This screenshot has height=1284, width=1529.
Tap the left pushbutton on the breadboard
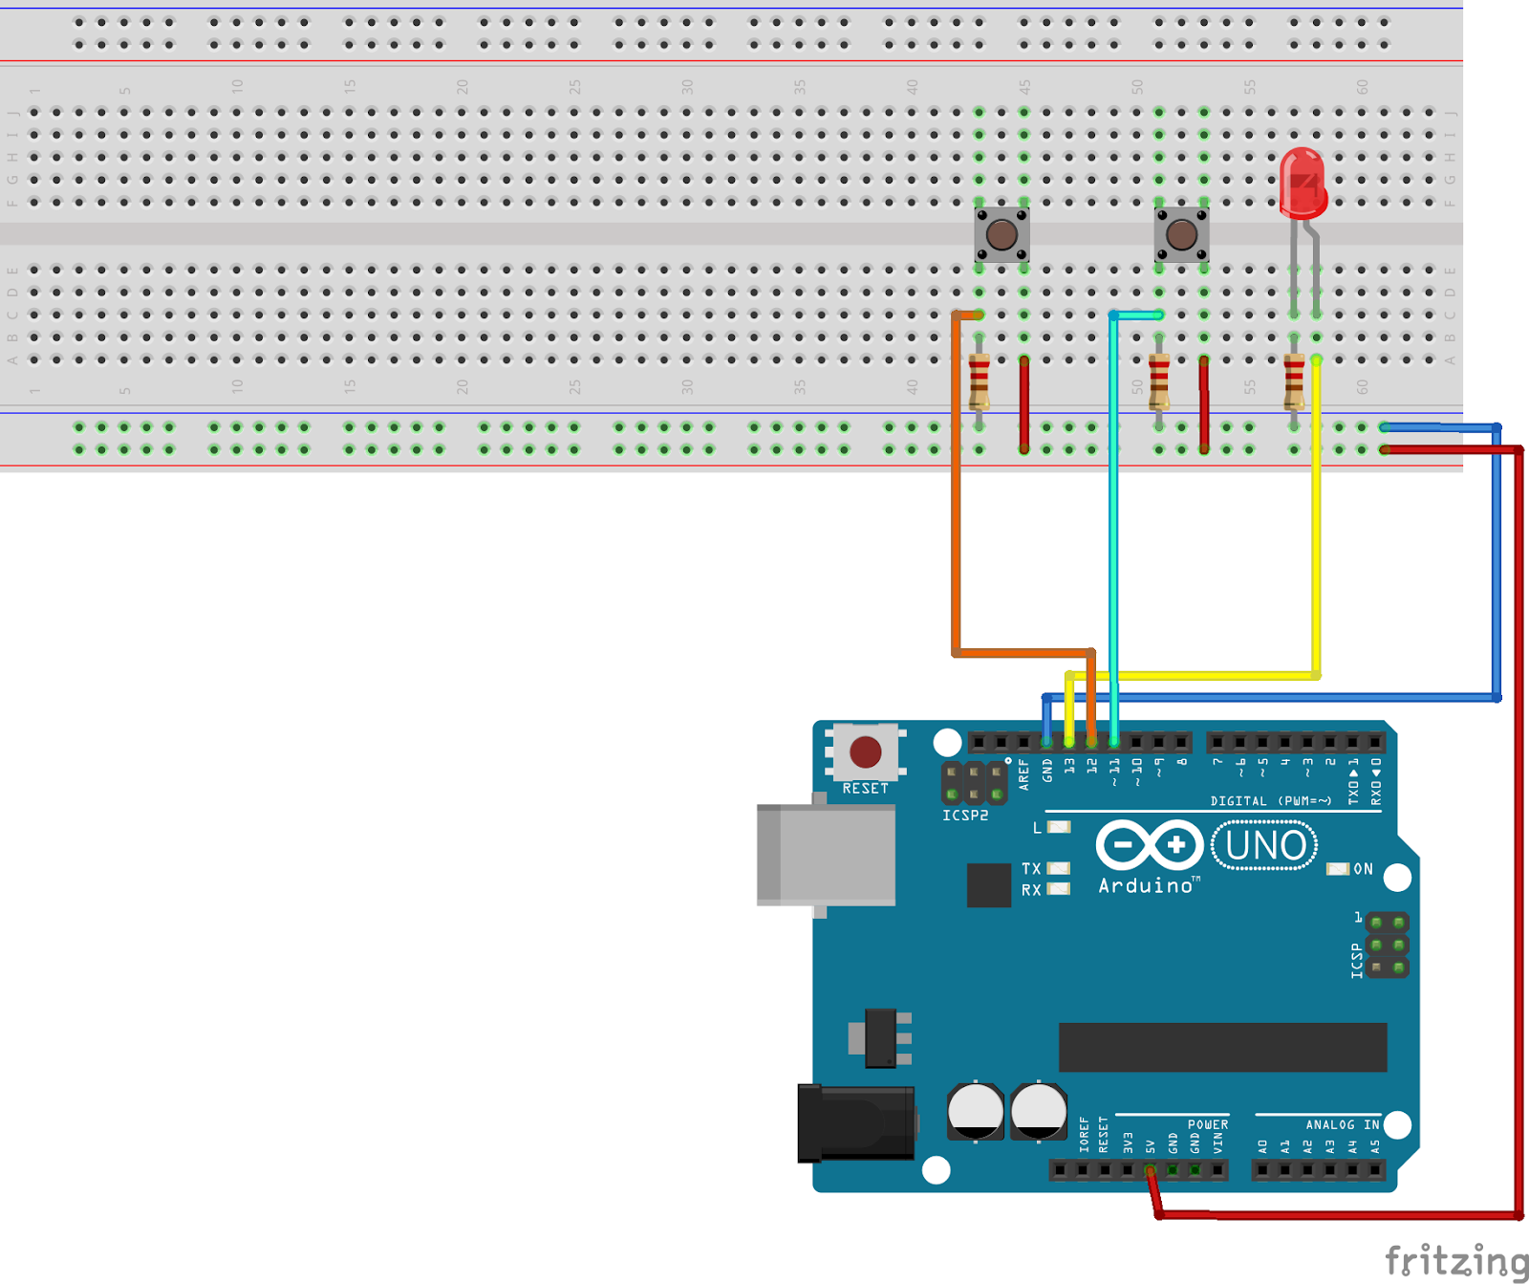pos(1001,234)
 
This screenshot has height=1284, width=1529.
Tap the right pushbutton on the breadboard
pos(1181,234)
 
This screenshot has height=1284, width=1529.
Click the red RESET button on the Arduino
pos(866,751)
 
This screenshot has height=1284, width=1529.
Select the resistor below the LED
pos(1294,381)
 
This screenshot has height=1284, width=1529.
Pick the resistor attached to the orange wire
pos(979,381)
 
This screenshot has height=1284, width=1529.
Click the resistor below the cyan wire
pos(1158,381)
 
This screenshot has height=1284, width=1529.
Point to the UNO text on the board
pos(1264,846)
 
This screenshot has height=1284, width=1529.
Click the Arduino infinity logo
pos(1149,845)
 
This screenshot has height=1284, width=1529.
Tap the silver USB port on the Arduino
pos(826,854)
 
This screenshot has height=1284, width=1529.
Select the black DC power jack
pos(855,1123)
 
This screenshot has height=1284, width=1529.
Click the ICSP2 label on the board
pos(965,816)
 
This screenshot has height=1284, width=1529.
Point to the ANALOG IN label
pos(1342,1124)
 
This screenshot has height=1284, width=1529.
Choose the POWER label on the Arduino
pos(1207,1124)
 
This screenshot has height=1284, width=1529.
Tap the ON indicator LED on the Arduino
pos(1338,868)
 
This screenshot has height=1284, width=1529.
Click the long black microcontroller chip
pos(1222,1047)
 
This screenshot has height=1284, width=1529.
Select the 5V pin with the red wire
pos(1150,1170)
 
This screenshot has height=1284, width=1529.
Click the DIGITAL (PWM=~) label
pos(1270,801)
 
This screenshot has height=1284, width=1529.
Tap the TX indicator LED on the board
pos(1058,868)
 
